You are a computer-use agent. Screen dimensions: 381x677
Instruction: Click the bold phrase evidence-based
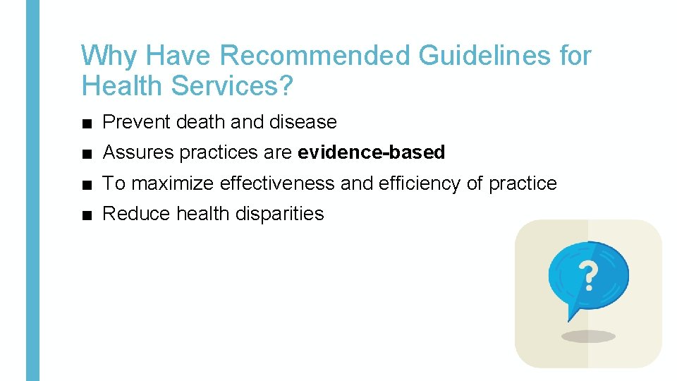(372, 152)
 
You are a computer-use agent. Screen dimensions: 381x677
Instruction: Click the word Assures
(138, 152)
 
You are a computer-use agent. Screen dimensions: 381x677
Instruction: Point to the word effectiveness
(277, 183)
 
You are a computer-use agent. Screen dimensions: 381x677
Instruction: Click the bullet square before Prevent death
(86, 123)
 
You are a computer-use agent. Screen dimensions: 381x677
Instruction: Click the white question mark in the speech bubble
(585, 276)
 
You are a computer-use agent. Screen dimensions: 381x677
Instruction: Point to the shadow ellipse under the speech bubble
(588, 337)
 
